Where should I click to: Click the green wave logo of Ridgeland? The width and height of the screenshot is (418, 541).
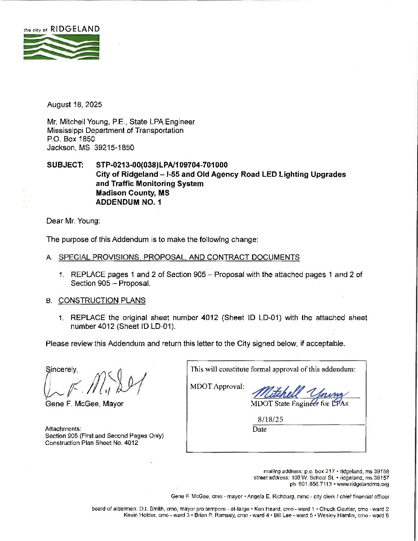click(x=61, y=47)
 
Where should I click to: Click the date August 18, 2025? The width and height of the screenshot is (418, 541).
click(x=75, y=105)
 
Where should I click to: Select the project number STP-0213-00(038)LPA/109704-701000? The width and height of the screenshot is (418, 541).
click(x=162, y=165)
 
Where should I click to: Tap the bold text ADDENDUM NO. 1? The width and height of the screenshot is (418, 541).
click(x=129, y=202)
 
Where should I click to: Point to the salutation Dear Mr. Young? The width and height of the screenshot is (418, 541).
click(x=73, y=221)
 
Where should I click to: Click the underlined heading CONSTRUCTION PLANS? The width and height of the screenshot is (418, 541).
click(x=102, y=300)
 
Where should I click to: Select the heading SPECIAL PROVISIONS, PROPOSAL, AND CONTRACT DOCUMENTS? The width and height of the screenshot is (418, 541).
click(x=179, y=257)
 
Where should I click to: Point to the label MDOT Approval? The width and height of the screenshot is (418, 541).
click(x=217, y=386)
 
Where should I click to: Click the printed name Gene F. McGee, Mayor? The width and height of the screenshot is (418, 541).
click(x=85, y=404)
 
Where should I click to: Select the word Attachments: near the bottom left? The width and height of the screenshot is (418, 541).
click(x=63, y=428)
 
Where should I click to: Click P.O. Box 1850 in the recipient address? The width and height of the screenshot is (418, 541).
click(x=71, y=139)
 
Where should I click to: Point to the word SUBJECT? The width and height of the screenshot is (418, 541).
click(x=65, y=165)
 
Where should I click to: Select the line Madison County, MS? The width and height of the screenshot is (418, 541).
click(x=133, y=193)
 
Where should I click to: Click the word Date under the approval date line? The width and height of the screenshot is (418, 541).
click(x=259, y=429)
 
